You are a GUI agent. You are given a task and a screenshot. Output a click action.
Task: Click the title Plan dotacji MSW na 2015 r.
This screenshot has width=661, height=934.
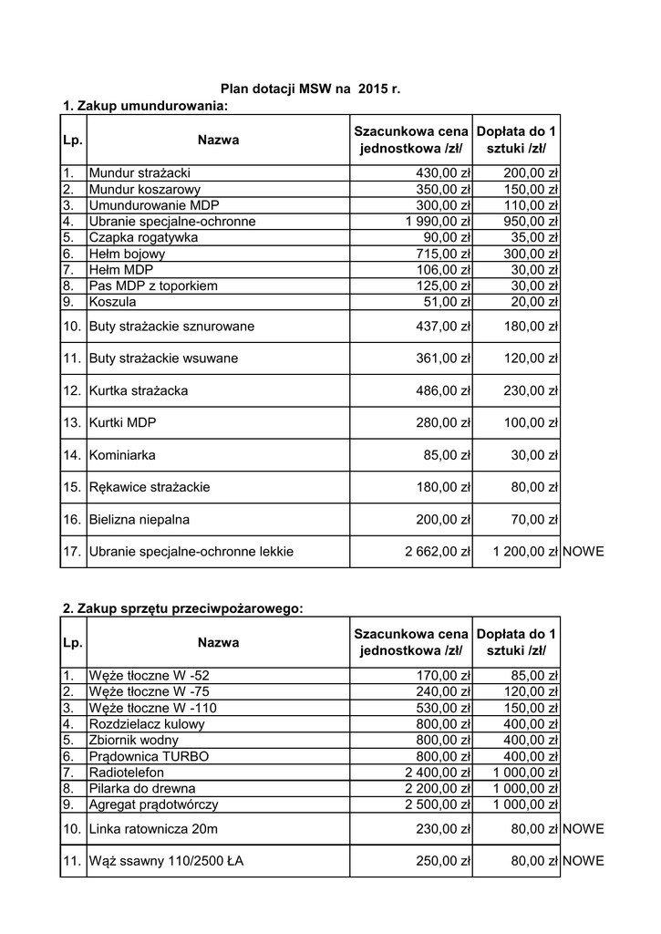(x=311, y=88)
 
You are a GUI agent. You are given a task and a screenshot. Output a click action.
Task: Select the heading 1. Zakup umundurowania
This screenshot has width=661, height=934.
(x=145, y=107)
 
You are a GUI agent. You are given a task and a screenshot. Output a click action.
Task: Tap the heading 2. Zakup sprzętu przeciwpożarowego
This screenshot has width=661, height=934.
(x=182, y=608)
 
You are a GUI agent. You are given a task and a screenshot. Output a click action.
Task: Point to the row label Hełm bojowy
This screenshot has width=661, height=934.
(x=128, y=254)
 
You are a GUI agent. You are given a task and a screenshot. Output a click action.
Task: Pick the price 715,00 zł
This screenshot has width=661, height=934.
(x=443, y=254)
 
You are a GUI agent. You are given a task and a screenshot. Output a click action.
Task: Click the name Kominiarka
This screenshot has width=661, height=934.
(x=122, y=454)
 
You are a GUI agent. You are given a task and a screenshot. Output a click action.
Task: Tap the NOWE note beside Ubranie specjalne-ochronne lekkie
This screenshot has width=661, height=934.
(x=584, y=551)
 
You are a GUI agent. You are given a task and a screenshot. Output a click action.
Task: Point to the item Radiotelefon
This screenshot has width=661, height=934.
(x=127, y=772)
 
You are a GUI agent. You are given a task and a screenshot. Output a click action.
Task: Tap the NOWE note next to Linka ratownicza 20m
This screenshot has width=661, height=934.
(x=584, y=828)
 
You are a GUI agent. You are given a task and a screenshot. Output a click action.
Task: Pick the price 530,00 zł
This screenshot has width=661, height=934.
(x=443, y=708)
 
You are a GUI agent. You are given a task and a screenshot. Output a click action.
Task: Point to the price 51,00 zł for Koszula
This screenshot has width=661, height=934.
(x=447, y=302)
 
